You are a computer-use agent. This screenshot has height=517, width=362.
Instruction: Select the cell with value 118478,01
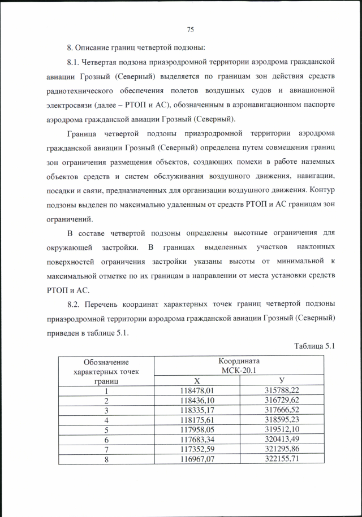[x=197, y=390]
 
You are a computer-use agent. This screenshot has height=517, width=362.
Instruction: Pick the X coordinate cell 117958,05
[x=197, y=429]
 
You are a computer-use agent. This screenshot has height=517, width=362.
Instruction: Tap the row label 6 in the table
[x=106, y=439]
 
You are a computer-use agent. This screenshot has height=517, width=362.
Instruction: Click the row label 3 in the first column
[x=106, y=410]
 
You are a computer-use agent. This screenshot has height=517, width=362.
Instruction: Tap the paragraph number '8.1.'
[x=75, y=60]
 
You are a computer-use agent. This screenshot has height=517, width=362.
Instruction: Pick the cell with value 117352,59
[x=197, y=449]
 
